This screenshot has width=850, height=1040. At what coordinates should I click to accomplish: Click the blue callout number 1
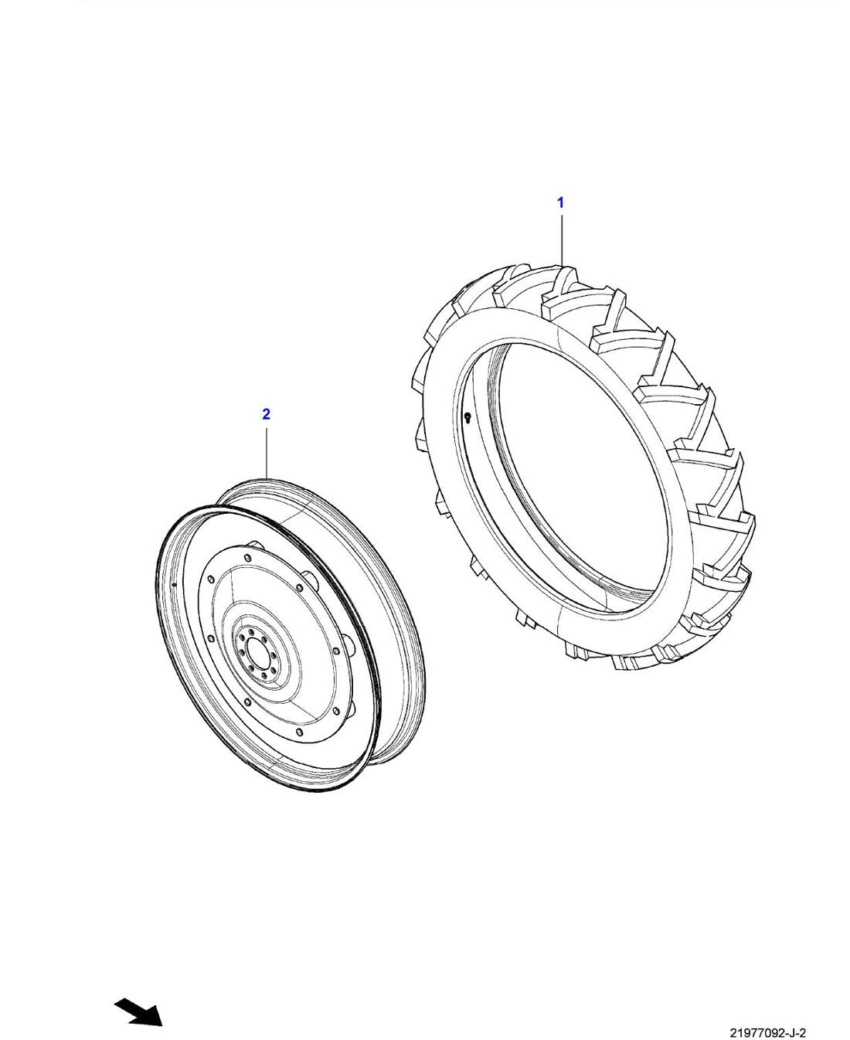[560, 202]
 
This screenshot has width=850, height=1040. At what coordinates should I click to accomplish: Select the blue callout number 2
[267, 414]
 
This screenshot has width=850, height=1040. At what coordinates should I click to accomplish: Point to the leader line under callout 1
[562, 240]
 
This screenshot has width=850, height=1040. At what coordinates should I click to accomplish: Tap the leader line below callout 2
[267, 454]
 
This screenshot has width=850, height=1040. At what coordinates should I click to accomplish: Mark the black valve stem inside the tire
[467, 418]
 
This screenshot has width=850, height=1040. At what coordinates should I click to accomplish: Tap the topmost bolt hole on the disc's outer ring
[247, 557]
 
